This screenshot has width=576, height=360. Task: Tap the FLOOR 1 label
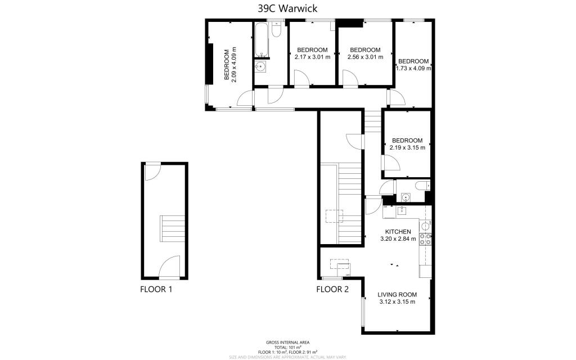[156, 290]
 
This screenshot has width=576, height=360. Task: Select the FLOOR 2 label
[332, 290]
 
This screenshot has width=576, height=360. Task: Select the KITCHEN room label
[398, 232]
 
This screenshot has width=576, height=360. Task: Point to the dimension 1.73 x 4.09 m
[413, 69]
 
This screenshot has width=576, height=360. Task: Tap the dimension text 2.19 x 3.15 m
[407, 148]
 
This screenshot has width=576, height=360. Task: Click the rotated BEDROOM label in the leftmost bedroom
[227, 65]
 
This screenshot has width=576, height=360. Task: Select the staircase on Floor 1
[172, 229]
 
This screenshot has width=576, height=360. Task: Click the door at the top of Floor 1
[152, 172]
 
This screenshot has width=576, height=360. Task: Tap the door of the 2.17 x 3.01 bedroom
[301, 79]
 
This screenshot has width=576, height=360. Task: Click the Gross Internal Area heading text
[287, 342]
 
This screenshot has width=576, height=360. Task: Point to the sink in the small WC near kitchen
[406, 197]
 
